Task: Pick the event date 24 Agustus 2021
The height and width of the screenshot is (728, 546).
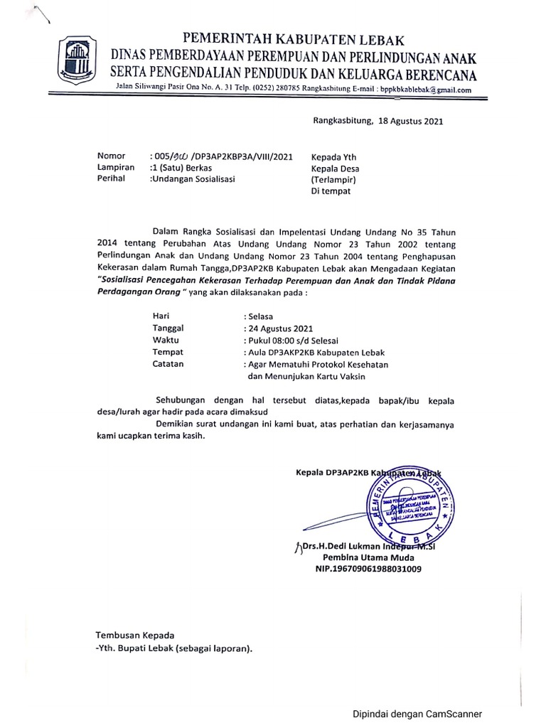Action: point(277,328)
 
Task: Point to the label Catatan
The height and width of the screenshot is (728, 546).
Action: point(168,364)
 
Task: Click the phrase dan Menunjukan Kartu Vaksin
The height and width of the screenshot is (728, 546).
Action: point(303,377)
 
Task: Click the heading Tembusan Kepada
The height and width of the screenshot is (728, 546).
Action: point(135,635)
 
